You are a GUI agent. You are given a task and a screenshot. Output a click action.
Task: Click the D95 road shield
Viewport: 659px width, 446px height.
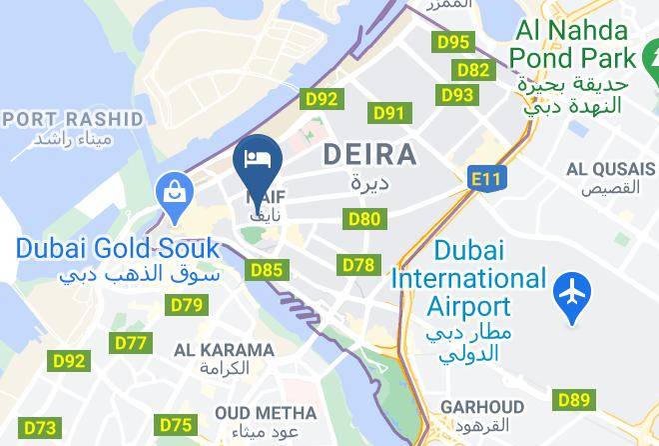(453, 42)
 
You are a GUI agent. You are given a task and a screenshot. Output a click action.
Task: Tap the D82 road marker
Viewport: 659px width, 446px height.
(473, 69)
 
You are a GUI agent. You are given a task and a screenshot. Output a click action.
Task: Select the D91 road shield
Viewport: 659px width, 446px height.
(388, 113)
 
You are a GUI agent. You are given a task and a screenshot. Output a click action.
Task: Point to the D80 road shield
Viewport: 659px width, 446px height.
(363, 218)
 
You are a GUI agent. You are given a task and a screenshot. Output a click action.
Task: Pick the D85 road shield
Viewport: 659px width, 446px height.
(267, 269)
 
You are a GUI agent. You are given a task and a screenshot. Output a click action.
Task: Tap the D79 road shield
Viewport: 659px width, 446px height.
(187, 305)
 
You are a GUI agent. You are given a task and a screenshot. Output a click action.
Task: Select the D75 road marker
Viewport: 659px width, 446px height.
(176, 425)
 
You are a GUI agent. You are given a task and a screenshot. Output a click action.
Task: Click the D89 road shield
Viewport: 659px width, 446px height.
(574, 400)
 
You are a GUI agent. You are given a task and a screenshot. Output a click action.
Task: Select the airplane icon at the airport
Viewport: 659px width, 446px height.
(572, 293)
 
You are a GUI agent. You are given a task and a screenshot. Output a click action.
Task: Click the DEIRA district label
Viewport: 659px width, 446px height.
(370, 155)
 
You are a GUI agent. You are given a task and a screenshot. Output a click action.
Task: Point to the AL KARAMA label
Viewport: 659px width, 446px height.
(224, 350)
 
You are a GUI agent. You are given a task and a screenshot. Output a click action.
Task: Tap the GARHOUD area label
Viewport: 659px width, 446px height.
(480, 407)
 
